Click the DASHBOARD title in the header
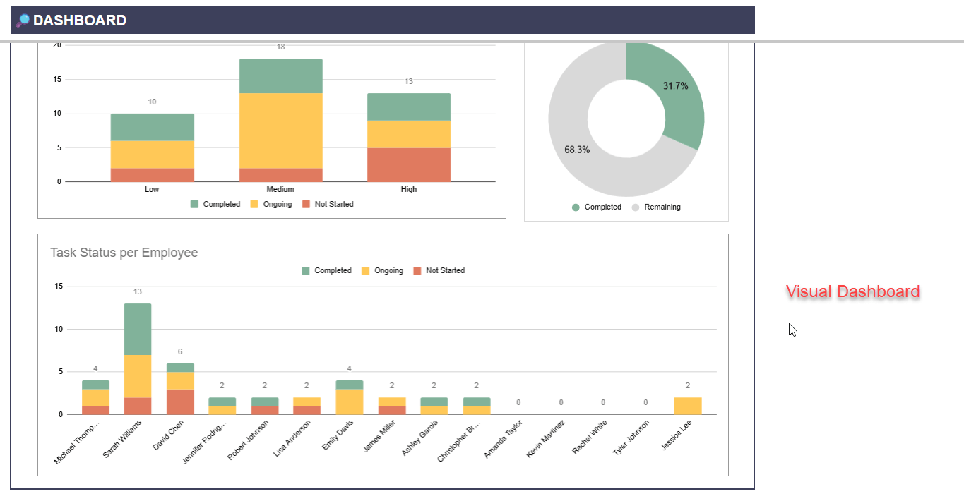79,20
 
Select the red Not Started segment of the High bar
408,164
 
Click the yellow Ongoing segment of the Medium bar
280,131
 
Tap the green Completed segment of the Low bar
152,127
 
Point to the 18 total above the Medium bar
281,47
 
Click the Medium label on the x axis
280,189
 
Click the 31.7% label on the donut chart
675,86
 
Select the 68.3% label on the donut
577,150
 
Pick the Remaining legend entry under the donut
662,207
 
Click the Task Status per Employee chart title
124,253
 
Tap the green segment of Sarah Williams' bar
138,329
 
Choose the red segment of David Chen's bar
180,402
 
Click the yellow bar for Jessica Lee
687,406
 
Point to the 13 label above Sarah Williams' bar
138,291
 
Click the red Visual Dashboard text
852,291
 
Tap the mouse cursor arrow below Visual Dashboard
792,330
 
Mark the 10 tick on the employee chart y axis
59,329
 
